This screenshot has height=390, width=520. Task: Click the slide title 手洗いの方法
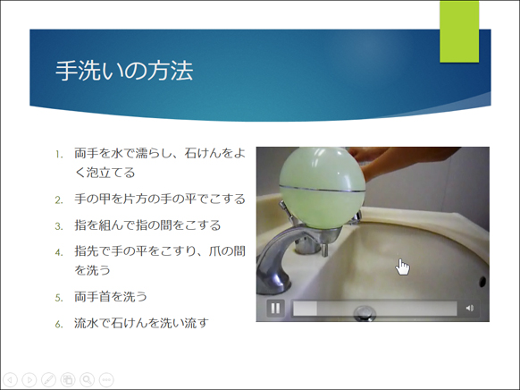[124, 71]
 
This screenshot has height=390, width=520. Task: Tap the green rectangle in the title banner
[459, 31]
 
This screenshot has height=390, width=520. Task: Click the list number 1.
[59, 155]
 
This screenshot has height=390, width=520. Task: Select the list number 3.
[59, 226]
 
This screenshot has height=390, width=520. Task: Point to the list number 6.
[59, 324]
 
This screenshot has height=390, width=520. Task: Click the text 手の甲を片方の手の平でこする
[160, 199]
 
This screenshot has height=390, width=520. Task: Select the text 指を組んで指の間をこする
[147, 225]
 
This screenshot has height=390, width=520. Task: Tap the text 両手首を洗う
[111, 296]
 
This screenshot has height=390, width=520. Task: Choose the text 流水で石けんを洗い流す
[141, 323]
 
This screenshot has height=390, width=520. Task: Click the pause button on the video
[275, 309]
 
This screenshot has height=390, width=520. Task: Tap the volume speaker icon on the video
[469, 309]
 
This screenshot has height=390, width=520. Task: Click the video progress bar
[374, 309]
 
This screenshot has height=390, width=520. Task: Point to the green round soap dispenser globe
[322, 188]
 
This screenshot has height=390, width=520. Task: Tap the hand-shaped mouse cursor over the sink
[403, 267]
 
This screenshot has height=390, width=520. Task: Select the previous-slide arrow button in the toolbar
[10, 379]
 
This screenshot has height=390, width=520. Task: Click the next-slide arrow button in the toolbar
[29, 379]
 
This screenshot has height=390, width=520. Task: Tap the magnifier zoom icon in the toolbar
[87, 379]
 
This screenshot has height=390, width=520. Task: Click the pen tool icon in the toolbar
[48, 379]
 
